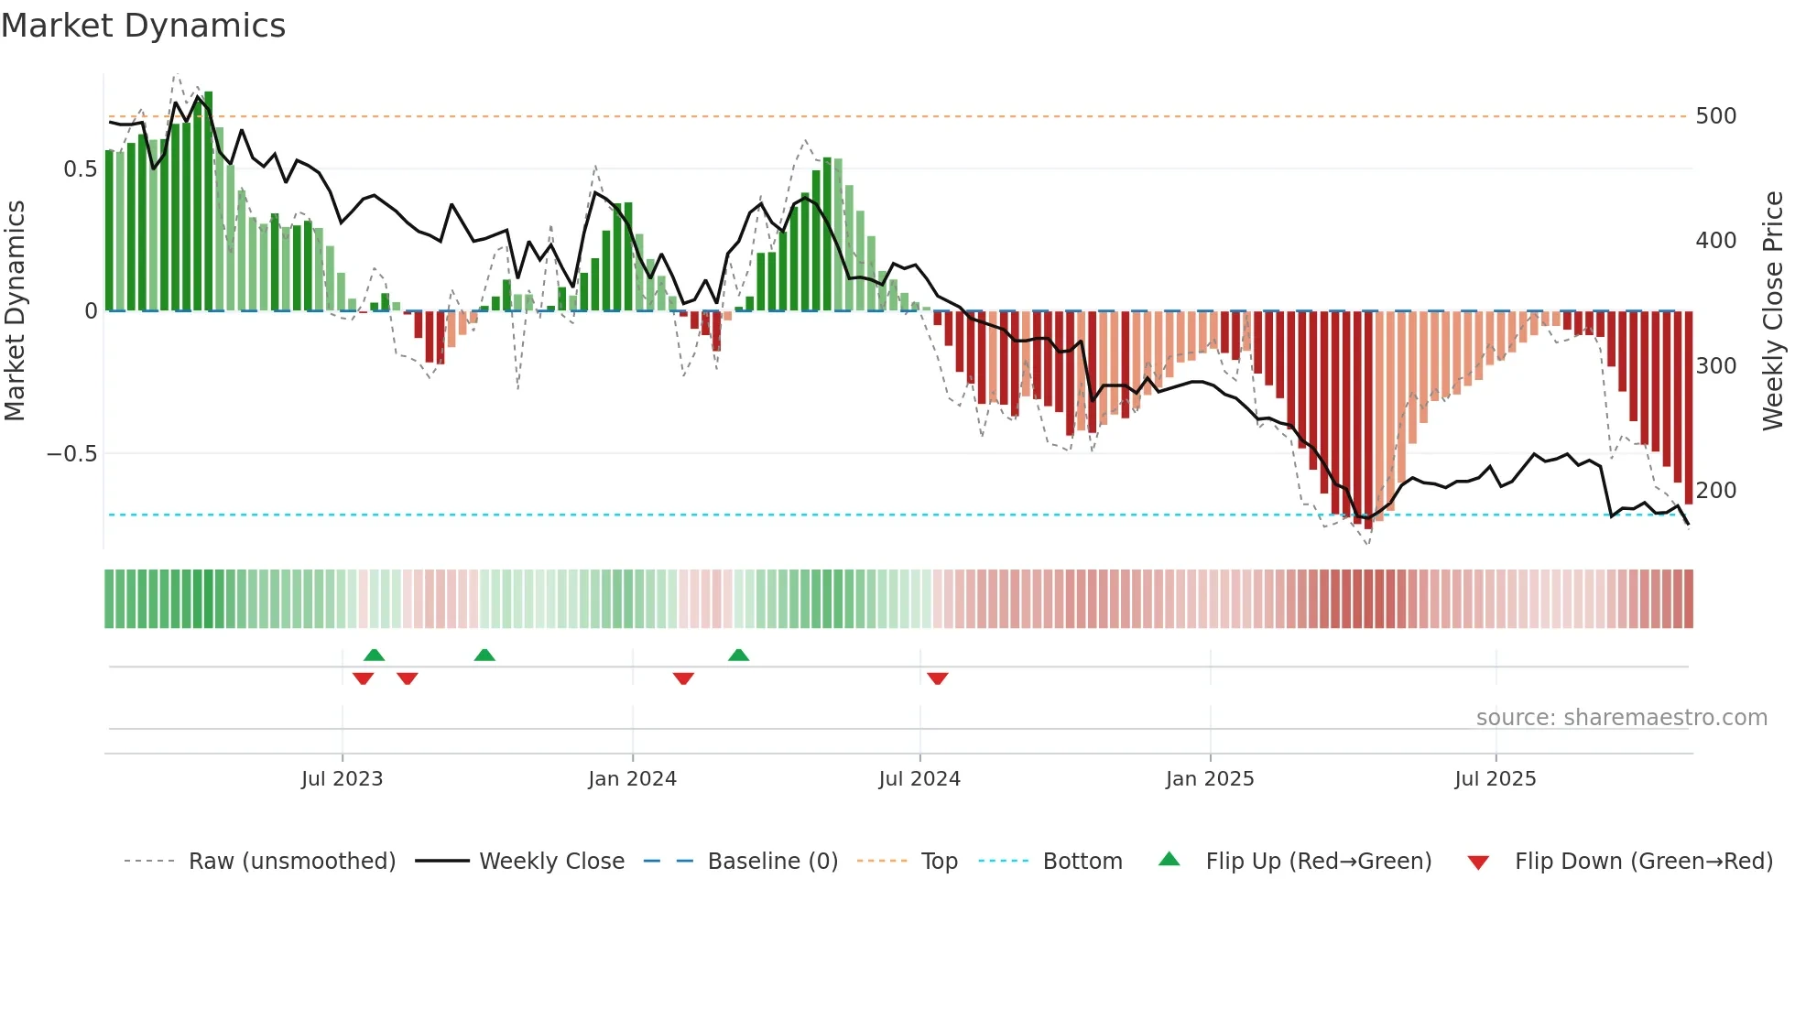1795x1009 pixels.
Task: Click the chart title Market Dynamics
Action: coord(143,26)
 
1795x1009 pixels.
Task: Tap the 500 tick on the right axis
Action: coord(1715,116)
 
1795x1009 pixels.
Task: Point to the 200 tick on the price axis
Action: coord(1715,491)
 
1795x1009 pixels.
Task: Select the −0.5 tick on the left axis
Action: coord(71,454)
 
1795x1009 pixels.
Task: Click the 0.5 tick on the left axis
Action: coord(80,169)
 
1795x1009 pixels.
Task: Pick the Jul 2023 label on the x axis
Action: coord(342,779)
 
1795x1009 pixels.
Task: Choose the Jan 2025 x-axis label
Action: coord(1209,779)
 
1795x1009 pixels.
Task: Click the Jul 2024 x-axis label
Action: coord(919,779)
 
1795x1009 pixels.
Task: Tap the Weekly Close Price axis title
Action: coord(1773,311)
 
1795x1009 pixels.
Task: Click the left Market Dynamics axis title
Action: coord(15,311)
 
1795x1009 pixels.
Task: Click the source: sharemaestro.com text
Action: coord(1621,718)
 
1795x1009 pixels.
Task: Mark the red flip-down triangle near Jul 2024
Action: coord(937,678)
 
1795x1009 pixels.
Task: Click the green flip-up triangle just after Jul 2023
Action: coord(374,655)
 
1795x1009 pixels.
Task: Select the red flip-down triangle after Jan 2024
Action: coord(683,678)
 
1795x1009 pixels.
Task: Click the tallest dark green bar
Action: coord(209,201)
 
